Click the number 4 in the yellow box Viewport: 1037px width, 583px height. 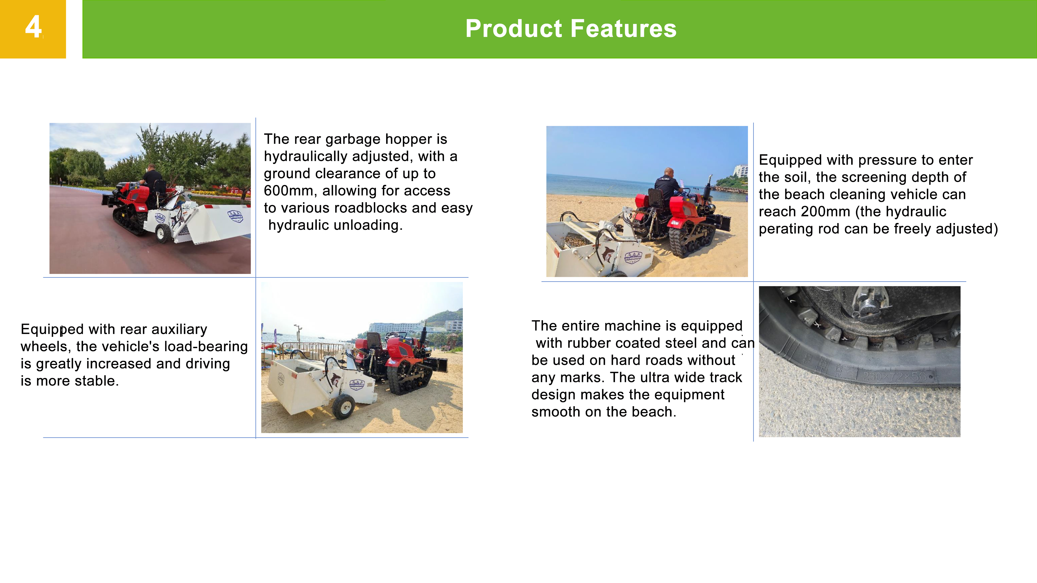point(33,27)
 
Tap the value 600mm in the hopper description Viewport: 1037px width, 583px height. point(289,191)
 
